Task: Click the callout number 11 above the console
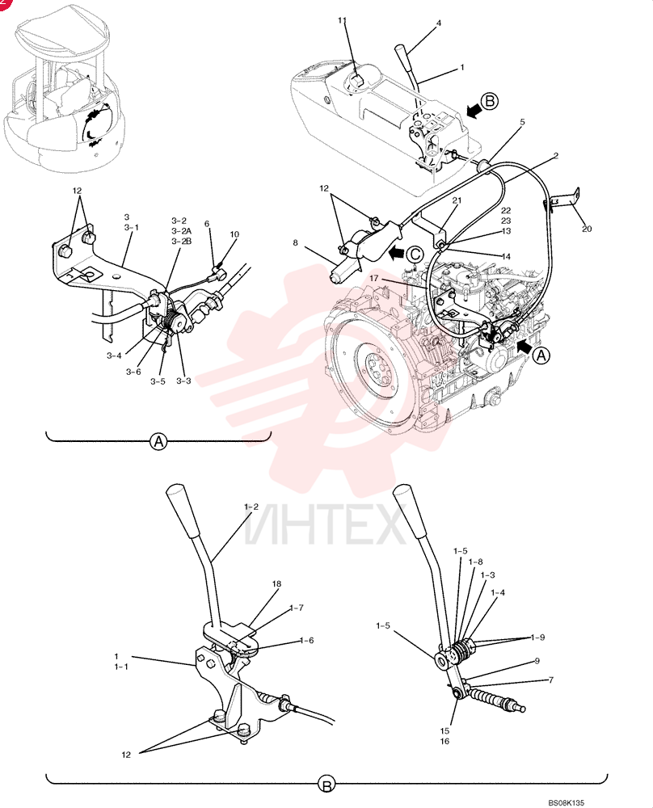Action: [x=342, y=20]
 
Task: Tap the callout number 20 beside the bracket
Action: [x=587, y=229]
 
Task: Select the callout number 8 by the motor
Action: [x=295, y=242]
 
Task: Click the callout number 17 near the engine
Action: [x=373, y=278]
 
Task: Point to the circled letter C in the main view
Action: [x=415, y=254]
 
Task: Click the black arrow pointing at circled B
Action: [x=473, y=109]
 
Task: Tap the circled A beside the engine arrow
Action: [x=541, y=356]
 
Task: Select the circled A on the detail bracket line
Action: [x=158, y=442]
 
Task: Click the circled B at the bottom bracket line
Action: [x=326, y=785]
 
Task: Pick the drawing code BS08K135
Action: [x=566, y=803]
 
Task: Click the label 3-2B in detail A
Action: [x=181, y=241]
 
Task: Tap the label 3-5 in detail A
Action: [x=158, y=381]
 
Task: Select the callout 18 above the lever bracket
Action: [x=276, y=584]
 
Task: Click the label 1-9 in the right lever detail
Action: [x=537, y=638]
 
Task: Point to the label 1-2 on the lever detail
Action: [x=251, y=507]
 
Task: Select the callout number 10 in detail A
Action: [x=234, y=234]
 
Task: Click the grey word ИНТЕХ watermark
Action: [x=325, y=526]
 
